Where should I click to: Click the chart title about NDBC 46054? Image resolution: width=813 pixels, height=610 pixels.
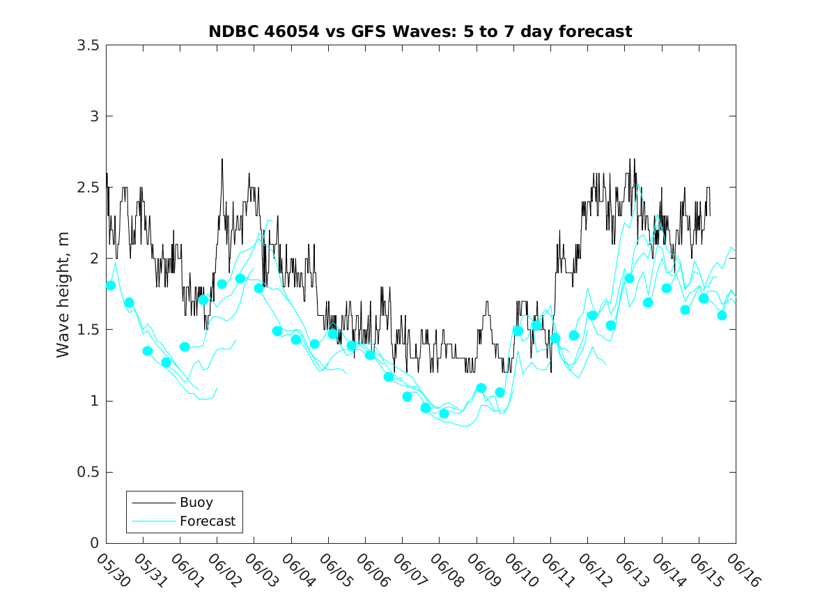420,31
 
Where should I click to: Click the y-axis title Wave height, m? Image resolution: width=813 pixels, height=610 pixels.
63,295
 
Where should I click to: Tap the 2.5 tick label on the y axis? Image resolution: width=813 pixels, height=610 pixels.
88,188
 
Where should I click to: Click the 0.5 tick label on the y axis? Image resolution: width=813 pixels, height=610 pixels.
88,472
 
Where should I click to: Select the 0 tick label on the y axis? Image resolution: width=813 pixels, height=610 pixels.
94,543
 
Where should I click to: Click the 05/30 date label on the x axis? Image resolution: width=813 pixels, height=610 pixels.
114,570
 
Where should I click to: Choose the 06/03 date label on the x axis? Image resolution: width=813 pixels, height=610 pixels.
261,570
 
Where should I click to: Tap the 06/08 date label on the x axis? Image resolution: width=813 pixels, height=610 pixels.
447,570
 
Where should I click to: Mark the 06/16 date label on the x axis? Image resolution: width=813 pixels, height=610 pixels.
743,570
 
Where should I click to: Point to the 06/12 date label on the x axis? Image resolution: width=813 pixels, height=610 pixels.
595,570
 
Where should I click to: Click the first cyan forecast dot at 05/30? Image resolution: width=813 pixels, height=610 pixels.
111,285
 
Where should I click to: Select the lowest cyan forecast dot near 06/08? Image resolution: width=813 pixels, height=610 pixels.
444,413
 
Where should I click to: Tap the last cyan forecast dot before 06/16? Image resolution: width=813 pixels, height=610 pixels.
722,315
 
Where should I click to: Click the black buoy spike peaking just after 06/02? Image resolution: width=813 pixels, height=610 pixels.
222,160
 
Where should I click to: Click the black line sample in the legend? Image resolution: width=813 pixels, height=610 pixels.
153,503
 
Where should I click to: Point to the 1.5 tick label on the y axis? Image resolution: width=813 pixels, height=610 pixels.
88,330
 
